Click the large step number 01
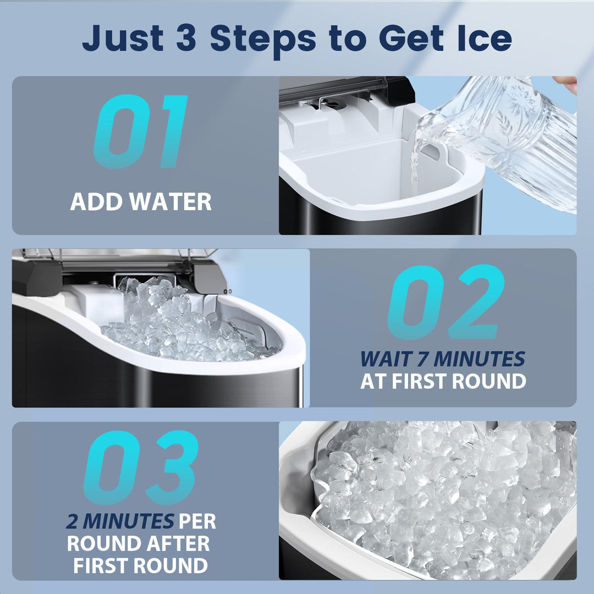[x=141, y=132]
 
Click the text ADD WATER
[x=141, y=202]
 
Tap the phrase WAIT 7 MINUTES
[x=443, y=359]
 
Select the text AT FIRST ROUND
[x=443, y=381]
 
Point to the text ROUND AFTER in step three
[x=139, y=543]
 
